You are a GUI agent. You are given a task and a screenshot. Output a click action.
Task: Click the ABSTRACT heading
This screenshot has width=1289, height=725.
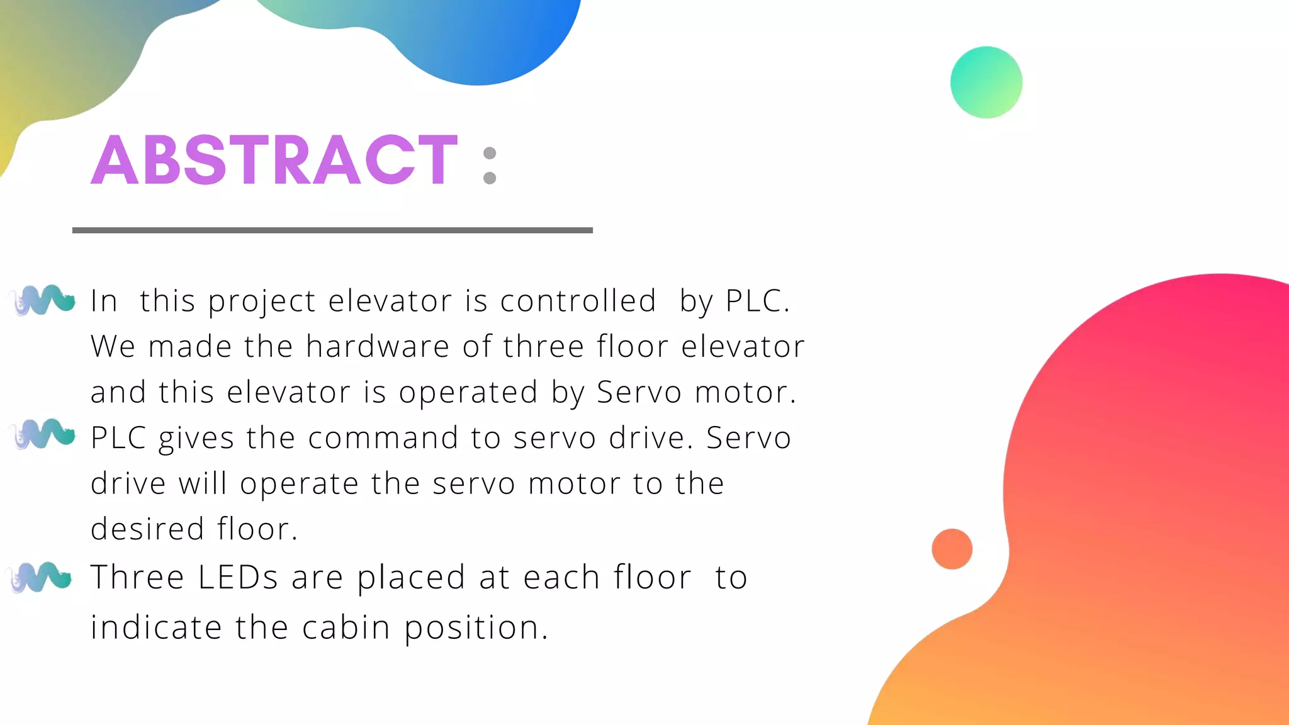[274, 160]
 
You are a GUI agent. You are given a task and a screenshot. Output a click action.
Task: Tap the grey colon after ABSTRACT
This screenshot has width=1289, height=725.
[490, 166]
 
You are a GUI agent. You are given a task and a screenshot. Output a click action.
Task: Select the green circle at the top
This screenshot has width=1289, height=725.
[986, 82]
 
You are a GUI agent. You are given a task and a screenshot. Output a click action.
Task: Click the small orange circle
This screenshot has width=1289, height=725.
[952, 549]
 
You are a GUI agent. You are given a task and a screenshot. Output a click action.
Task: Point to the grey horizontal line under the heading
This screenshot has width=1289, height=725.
[332, 230]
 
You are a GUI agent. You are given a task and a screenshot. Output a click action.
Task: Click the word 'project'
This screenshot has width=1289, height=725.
[261, 301]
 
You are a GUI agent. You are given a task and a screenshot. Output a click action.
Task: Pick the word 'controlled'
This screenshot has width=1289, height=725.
[578, 300]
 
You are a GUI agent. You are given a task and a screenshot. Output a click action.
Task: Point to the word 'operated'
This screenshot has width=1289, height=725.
[468, 393]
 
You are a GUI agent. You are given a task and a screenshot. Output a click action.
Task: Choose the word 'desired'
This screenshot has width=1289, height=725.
[147, 529]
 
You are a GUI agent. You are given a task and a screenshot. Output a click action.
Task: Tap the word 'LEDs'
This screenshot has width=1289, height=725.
[238, 577]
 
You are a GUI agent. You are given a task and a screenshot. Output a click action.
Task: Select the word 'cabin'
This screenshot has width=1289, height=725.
[346, 627]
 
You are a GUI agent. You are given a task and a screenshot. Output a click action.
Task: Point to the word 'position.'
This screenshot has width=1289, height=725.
[476, 628]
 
